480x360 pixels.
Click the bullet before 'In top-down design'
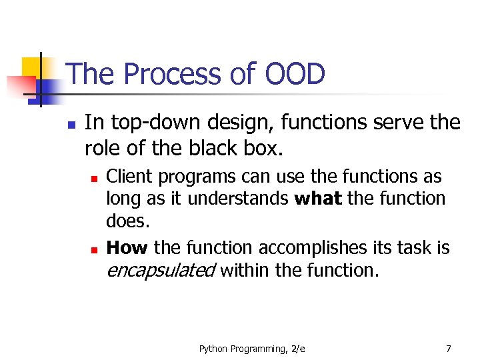pyautogui.click(x=71, y=124)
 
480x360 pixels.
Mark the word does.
pyautogui.click(x=127, y=221)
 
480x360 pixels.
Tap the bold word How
pyautogui.click(x=127, y=248)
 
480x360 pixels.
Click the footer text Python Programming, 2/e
pyautogui.click(x=252, y=349)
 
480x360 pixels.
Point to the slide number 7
pyautogui.click(x=448, y=349)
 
